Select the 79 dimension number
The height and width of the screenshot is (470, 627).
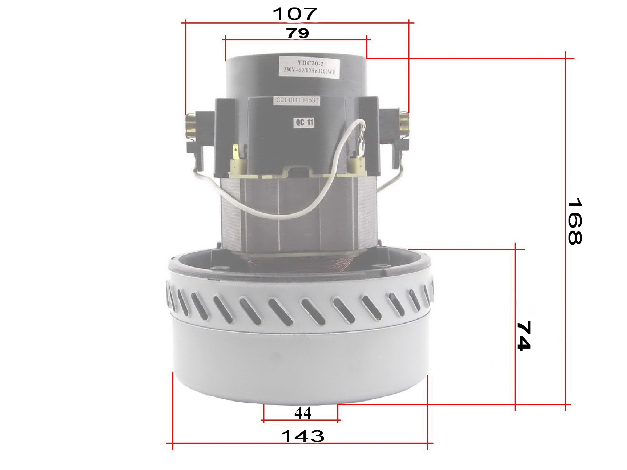click(298, 33)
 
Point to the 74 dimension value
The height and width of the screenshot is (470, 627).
click(523, 336)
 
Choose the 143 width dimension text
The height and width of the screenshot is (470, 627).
click(303, 436)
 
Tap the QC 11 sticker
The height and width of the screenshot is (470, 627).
click(304, 122)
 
